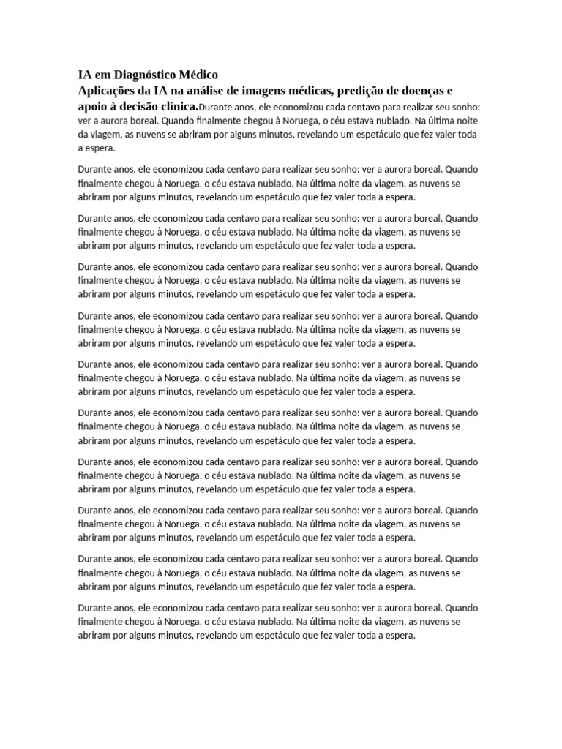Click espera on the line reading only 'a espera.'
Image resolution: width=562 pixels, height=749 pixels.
[x=100, y=148]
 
